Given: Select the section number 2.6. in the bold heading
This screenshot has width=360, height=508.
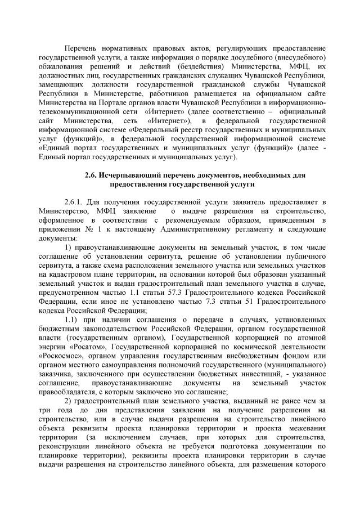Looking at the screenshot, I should click(x=92, y=176).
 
